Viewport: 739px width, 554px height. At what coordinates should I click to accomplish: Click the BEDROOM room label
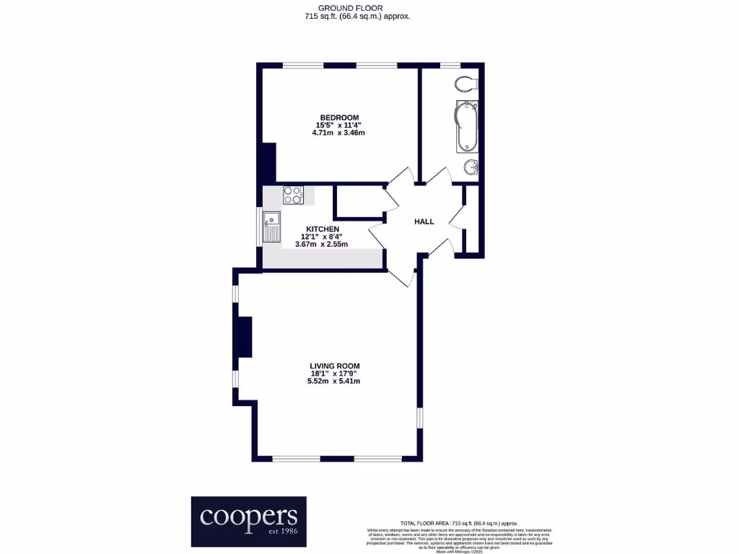pyautogui.click(x=339, y=118)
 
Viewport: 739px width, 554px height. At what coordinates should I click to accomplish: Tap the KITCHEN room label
pyautogui.click(x=323, y=229)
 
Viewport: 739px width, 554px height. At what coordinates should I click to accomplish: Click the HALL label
pyautogui.click(x=424, y=221)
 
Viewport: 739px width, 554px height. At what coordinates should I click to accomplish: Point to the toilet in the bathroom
pyautogui.click(x=467, y=84)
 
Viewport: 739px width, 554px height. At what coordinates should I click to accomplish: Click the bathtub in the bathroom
pyautogui.click(x=467, y=127)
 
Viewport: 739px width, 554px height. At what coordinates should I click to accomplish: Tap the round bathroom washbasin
pyautogui.click(x=471, y=167)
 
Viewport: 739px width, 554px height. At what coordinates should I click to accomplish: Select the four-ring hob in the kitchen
pyautogui.click(x=293, y=194)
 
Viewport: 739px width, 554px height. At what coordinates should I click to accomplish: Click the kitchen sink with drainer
pyautogui.click(x=272, y=226)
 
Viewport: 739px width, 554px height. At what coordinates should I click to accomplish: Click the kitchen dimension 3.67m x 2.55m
pyautogui.click(x=321, y=245)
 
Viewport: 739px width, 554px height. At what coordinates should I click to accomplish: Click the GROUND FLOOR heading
pyautogui.click(x=357, y=7)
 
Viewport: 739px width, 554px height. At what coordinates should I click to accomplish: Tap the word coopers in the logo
pyautogui.click(x=248, y=516)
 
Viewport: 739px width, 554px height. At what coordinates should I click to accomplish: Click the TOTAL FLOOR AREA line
pyautogui.click(x=459, y=523)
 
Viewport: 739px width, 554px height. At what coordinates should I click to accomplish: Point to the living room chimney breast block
pyautogui.click(x=245, y=337)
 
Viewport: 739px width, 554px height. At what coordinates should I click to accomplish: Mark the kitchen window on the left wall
pyautogui.click(x=260, y=227)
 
